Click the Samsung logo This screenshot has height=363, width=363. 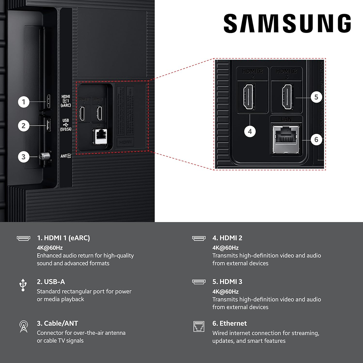pos(287,24)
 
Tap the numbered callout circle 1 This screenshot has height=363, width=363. pos(24,102)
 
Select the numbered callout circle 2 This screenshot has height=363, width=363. pos(24,126)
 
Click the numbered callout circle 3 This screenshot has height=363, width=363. pos(24,157)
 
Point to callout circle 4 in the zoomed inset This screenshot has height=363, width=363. pos(250,132)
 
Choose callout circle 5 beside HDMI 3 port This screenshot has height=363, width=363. pos(316,98)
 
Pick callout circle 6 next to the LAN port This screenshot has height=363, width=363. pos(316,139)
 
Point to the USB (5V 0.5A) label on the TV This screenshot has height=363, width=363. pos(66,124)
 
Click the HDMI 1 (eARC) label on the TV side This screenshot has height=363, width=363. pos(66,101)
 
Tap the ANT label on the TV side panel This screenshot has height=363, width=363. pos(66,156)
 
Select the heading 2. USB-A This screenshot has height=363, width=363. pos(51,282)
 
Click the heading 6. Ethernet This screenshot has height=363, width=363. pos(229,323)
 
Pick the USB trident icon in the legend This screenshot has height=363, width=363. pos(23,285)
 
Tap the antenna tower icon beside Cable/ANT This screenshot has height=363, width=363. pos(23,326)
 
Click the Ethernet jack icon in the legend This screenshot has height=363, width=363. pos(198,326)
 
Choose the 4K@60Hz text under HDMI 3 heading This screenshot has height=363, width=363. pos(225,291)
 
